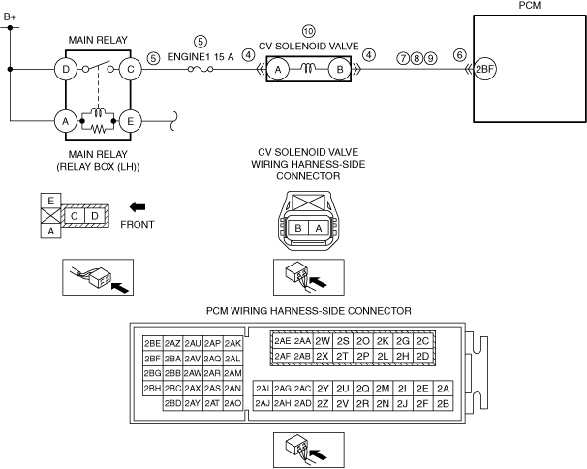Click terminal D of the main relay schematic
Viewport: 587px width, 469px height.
[x=66, y=70]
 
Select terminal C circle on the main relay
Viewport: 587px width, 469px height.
[x=130, y=70]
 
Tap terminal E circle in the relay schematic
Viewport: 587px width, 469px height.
[x=130, y=121]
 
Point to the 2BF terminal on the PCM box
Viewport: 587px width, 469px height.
[x=484, y=70]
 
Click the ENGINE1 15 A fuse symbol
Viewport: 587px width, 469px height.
[x=201, y=70]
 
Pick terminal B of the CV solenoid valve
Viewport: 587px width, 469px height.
[x=340, y=70]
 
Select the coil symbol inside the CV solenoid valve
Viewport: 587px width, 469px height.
[x=308, y=68]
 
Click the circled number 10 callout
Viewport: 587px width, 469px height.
[x=308, y=31]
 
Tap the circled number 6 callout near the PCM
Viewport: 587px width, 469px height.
[x=460, y=55]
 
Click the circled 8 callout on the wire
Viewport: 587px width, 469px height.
[x=417, y=58]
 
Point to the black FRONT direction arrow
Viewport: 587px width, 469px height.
[x=138, y=206]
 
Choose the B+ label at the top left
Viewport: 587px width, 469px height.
[x=10, y=17]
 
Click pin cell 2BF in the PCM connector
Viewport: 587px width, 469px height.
[x=152, y=359]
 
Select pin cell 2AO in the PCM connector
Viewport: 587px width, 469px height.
[x=232, y=403]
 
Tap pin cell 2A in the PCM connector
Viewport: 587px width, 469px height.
[x=443, y=389]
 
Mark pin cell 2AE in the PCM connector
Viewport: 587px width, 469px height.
[x=282, y=341]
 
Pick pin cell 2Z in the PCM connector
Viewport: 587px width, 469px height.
[x=323, y=404]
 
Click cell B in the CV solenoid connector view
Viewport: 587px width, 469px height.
[x=298, y=228]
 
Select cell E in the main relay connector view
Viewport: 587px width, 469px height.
[x=50, y=202]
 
